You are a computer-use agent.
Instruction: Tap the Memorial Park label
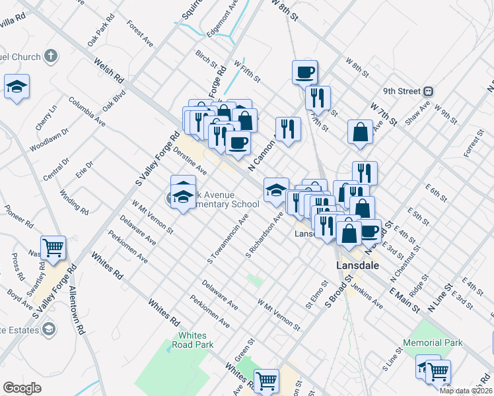pyautogui.click(x=434, y=343)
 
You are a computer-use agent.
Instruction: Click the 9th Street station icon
pyautogui.click(x=428, y=90)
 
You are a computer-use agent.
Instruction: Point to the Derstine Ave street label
pyautogui.click(x=191, y=162)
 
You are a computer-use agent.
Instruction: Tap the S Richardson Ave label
pyautogui.click(x=265, y=234)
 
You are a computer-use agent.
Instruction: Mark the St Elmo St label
pyautogui.click(x=317, y=295)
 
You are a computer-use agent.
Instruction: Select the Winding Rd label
pyautogui.click(x=74, y=203)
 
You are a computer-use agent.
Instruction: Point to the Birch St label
pyautogui.click(x=206, y=59)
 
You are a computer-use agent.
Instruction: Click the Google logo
pyautogui.click(x=22, y=388)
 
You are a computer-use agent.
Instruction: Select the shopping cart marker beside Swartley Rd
pyautogui.click(x=53, y=248)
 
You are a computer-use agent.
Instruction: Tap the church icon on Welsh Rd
pyautogui.click(x=50, y=56)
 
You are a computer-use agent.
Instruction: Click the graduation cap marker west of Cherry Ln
pyautogui.click(x=17, y=86)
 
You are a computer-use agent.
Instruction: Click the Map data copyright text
pyautogui.click(x=466, y=391)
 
